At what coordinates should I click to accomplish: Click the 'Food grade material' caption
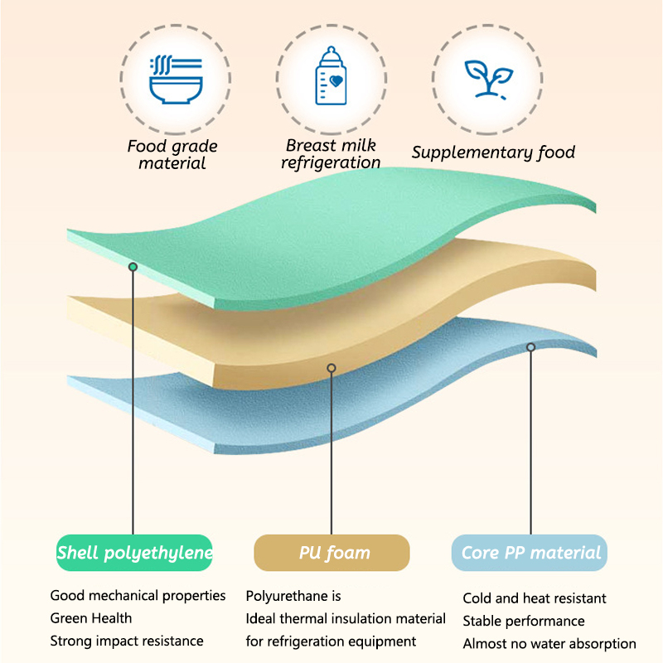[x=172, y=155]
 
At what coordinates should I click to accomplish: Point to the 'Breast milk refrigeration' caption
[x=331, y=154]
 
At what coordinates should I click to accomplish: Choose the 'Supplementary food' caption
[x=493, y=152]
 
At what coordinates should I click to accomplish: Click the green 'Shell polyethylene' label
[x=134, y=553]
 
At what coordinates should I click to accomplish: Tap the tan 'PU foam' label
[x=332, y=553]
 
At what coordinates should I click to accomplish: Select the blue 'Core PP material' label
[x=530, y=553]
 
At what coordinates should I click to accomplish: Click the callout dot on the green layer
[x=133, y=266]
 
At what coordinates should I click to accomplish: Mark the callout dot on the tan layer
[x=331, y=367]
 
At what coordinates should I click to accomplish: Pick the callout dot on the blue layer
[x=530, y=346]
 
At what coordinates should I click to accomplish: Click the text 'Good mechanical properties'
[x=138, y=596]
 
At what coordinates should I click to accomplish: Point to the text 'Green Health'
[x=90, y=618]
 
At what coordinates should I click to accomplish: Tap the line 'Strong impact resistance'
[x=126, y=641]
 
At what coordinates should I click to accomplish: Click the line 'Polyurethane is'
[x=293, y=596]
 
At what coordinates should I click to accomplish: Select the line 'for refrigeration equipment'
[x=331, y=641]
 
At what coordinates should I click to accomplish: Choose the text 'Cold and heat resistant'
[x=535, y=598]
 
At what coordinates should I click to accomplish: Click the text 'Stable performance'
[x=524, y=621]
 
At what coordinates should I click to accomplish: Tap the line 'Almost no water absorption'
[x=549, y=643]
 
